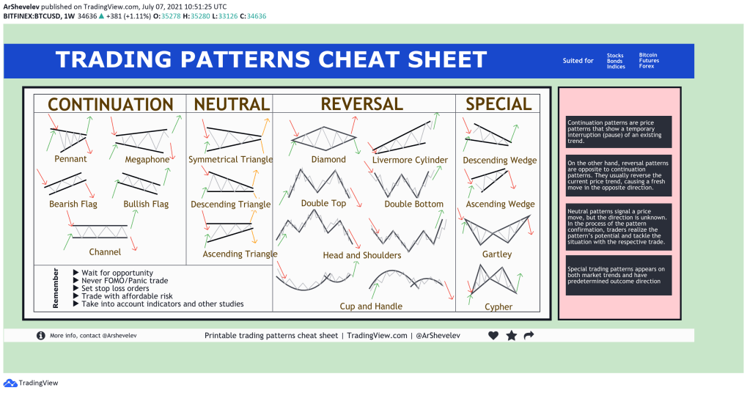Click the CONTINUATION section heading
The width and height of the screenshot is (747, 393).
pos(110,104)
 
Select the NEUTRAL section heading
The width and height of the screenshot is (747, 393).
pos(231,104)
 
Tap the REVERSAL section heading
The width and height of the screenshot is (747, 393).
pos(362,104)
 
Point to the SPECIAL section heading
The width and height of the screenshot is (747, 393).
pos(498,104)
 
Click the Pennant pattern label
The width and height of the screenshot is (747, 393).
pos(70,158)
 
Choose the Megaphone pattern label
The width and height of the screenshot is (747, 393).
pos(147,159)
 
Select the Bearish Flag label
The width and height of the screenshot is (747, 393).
pos(73,204)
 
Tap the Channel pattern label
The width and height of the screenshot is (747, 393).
pos(105,251)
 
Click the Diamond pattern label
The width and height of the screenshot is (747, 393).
pos(328,159)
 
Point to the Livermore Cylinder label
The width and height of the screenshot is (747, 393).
pos(410,160)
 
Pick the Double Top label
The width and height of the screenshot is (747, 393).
pos(323,203)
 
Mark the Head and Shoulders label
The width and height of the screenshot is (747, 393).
pos(362,255)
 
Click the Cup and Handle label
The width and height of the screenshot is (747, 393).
pos(371,306)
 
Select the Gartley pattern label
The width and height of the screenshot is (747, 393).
pos(497,254)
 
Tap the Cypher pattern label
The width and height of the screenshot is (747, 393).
pos(498,307)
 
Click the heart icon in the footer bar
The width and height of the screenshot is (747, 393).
pos(493,336)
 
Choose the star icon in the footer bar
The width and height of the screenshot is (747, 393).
pos(511,336)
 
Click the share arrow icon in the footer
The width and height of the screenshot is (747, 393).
pos(529,336)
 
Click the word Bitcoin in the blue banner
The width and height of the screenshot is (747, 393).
pos(648,55)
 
